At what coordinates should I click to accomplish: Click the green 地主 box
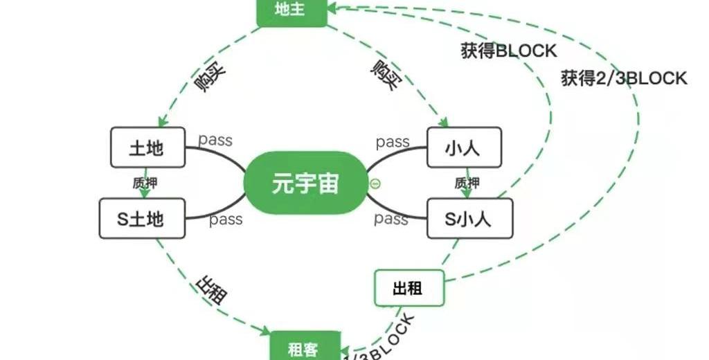(291, 10)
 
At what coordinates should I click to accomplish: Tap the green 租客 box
(305, 348)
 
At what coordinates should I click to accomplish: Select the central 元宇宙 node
(305, 183)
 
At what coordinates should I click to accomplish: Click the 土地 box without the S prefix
(147, 147)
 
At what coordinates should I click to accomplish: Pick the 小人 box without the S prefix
(463, 147)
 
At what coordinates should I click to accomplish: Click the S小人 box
(469, 219)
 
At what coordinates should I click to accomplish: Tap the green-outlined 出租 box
(409, 288)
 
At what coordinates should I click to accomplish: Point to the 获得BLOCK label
(509, 51)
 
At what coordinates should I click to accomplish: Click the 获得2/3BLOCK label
(624, 78)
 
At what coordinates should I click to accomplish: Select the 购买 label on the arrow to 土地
(210, 82)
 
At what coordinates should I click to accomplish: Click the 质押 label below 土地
(145, 183)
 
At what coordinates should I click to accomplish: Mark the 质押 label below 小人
(467, 183)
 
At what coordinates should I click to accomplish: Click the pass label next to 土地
(215, 141)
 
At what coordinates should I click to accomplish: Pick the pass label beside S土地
(226, 219)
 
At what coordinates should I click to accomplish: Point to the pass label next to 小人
(393, 142)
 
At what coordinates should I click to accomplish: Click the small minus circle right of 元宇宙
(375, 183)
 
